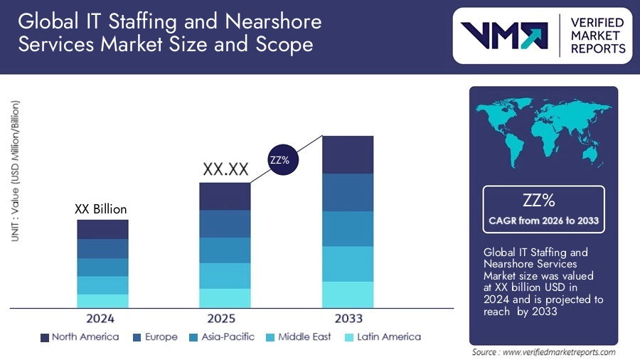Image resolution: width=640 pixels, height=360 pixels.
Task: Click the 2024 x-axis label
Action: coord(100,318)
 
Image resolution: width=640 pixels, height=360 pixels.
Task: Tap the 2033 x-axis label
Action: coord(348,318)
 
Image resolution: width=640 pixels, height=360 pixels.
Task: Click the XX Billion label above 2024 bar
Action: coord(101,209)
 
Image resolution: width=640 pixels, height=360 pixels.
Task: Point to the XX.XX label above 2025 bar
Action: coord(225,169)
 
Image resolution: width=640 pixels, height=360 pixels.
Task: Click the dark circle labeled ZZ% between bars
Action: coord(279,160)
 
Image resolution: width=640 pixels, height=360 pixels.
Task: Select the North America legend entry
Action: coord(80,337)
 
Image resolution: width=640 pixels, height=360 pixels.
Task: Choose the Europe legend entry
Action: coord(154,337)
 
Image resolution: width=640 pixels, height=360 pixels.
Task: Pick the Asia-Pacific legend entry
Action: coord(222,337)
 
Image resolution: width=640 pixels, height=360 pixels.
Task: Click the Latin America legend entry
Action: coord(382,337)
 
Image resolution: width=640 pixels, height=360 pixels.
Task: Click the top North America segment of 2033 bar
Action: coord(348,154)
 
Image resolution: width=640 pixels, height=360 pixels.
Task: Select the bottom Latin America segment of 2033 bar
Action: coord(348,295)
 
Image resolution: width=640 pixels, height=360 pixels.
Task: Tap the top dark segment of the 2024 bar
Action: coord(102,229)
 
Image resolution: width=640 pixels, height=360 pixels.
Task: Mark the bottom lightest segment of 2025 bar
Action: coord(225,298)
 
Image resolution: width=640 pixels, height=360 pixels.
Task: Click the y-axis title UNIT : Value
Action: coord(15,171)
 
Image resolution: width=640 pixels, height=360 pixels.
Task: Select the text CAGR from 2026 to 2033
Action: coord(543,221)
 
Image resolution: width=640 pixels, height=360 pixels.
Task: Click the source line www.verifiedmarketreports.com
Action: coord(543,352)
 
